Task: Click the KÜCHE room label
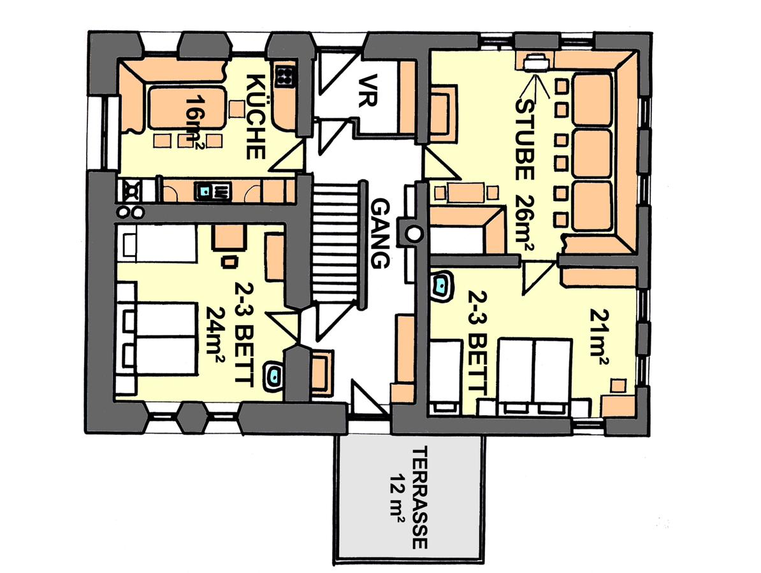pos(256,117)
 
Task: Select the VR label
pos(372,90)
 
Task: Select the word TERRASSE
pos(419,497)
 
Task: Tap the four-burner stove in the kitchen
pos(284,76)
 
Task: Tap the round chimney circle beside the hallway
pos(414,234)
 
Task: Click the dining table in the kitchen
pos(186,107)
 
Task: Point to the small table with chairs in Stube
pos(466,192)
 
